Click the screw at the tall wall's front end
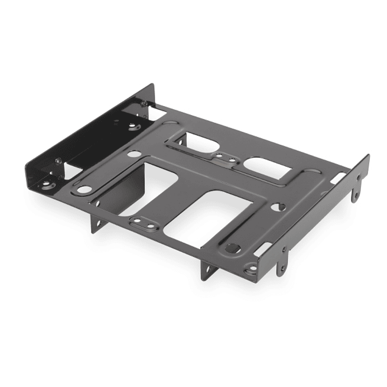[58, 160]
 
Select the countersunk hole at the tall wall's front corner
[48, 186]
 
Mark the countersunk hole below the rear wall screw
[135, 127]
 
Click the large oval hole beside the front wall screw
[84, 189]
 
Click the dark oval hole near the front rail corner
[233, 248]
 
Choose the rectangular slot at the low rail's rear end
[338, 177]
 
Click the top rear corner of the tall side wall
[152, 85]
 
